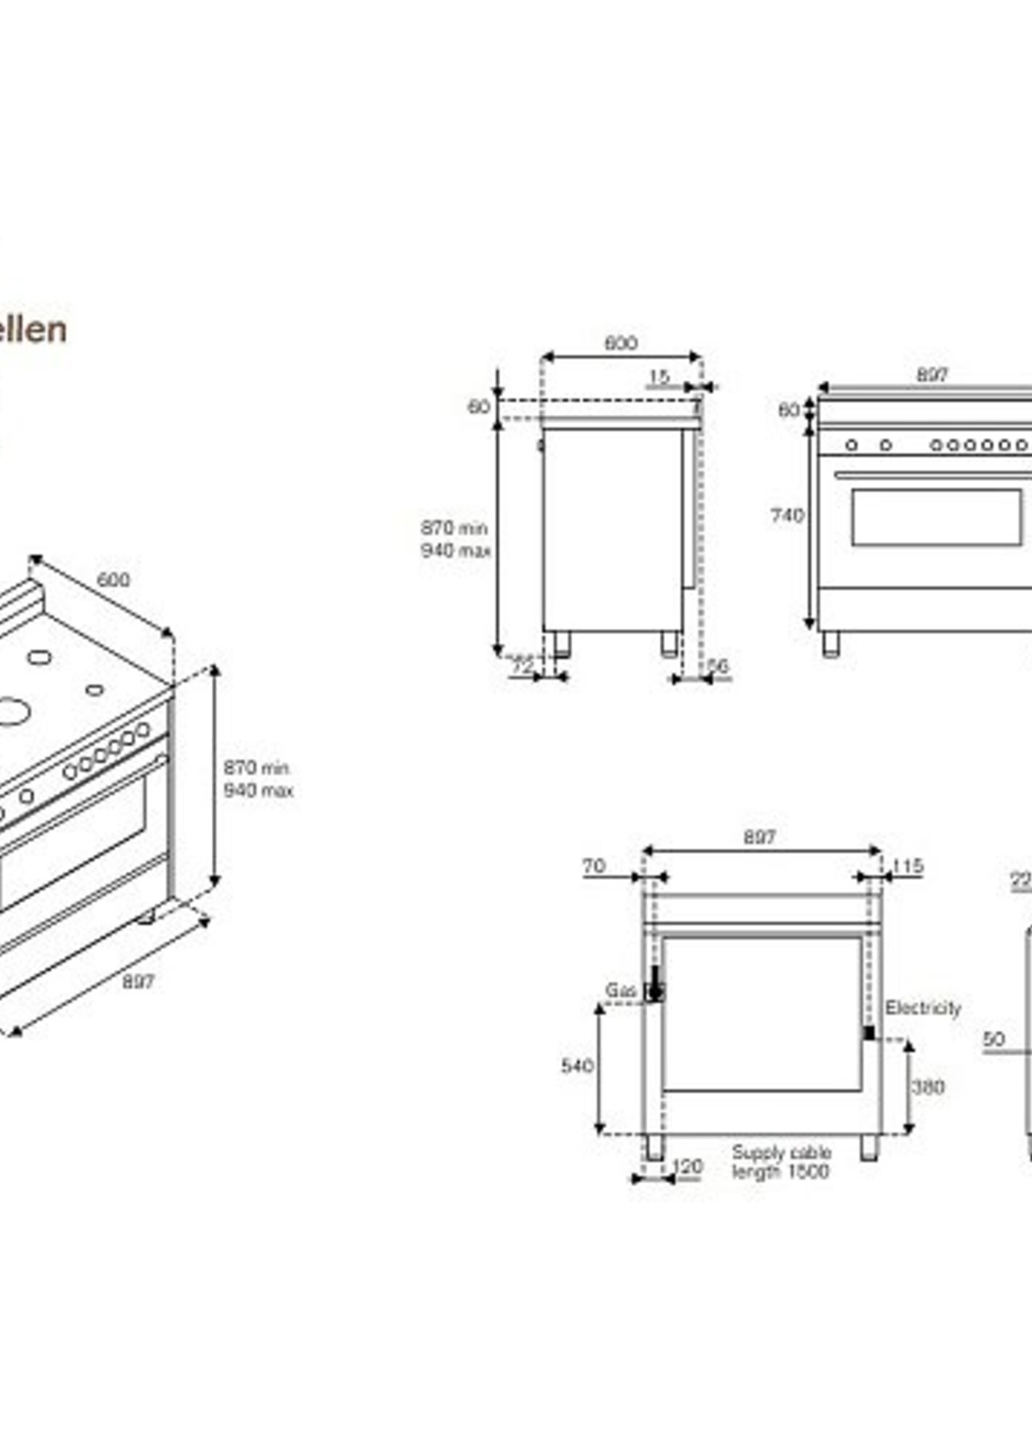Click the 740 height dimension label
click(787, 515)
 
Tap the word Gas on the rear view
click(620, 991)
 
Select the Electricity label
click(923, 1008)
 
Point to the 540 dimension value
click(577, 1066)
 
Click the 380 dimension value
click(928, 1087)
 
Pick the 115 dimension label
click(907, 866)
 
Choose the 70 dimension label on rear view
click(594, 866)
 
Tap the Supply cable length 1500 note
click(781, 1162)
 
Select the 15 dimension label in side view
click(659, 377)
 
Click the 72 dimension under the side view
click(522, 666)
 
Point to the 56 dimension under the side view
click(717, 666)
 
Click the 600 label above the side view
click(620, 343)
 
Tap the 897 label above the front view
click(931, 375)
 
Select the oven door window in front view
click(937, 517)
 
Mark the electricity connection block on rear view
click(870, 1033)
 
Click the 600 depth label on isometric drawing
click(113, 580)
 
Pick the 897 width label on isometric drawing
click(138, 981)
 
